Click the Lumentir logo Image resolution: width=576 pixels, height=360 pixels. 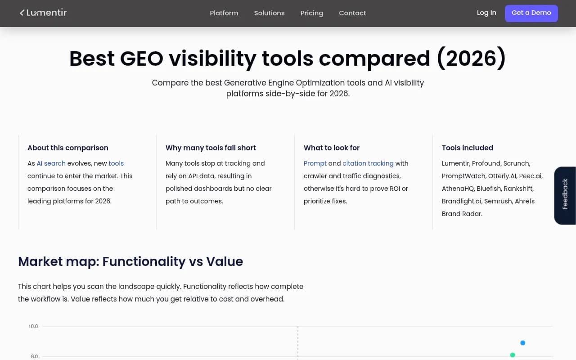click(43, 13)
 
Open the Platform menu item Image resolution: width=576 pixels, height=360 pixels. click(224, 13)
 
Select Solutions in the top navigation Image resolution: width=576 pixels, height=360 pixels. click(269, 13)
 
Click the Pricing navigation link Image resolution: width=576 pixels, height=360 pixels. click(312, 13)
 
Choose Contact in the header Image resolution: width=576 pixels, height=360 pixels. click(352, 13)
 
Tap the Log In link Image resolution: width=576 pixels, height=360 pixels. click(486, 13)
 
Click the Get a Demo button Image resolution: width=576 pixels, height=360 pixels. click(531, 13)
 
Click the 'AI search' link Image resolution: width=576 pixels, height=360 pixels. click(51, 163)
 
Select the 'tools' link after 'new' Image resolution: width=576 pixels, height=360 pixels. click(116, 163)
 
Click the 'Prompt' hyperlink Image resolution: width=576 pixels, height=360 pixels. click(315, 163)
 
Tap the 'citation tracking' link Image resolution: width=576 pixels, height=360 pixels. click(368, 163)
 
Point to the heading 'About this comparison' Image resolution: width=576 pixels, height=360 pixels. click(68, 148)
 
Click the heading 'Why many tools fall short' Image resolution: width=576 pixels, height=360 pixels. click(211, 148)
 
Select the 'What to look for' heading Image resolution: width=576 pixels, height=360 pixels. click(332, 148)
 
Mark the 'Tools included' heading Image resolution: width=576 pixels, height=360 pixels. click(468, 148)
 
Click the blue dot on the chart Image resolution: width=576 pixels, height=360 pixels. click(523, 343)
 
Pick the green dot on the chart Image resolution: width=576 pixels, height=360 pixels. click(513, 355)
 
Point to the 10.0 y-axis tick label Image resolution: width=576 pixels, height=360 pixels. click(33, 326)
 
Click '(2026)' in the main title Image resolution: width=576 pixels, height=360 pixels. click(471, 59)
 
